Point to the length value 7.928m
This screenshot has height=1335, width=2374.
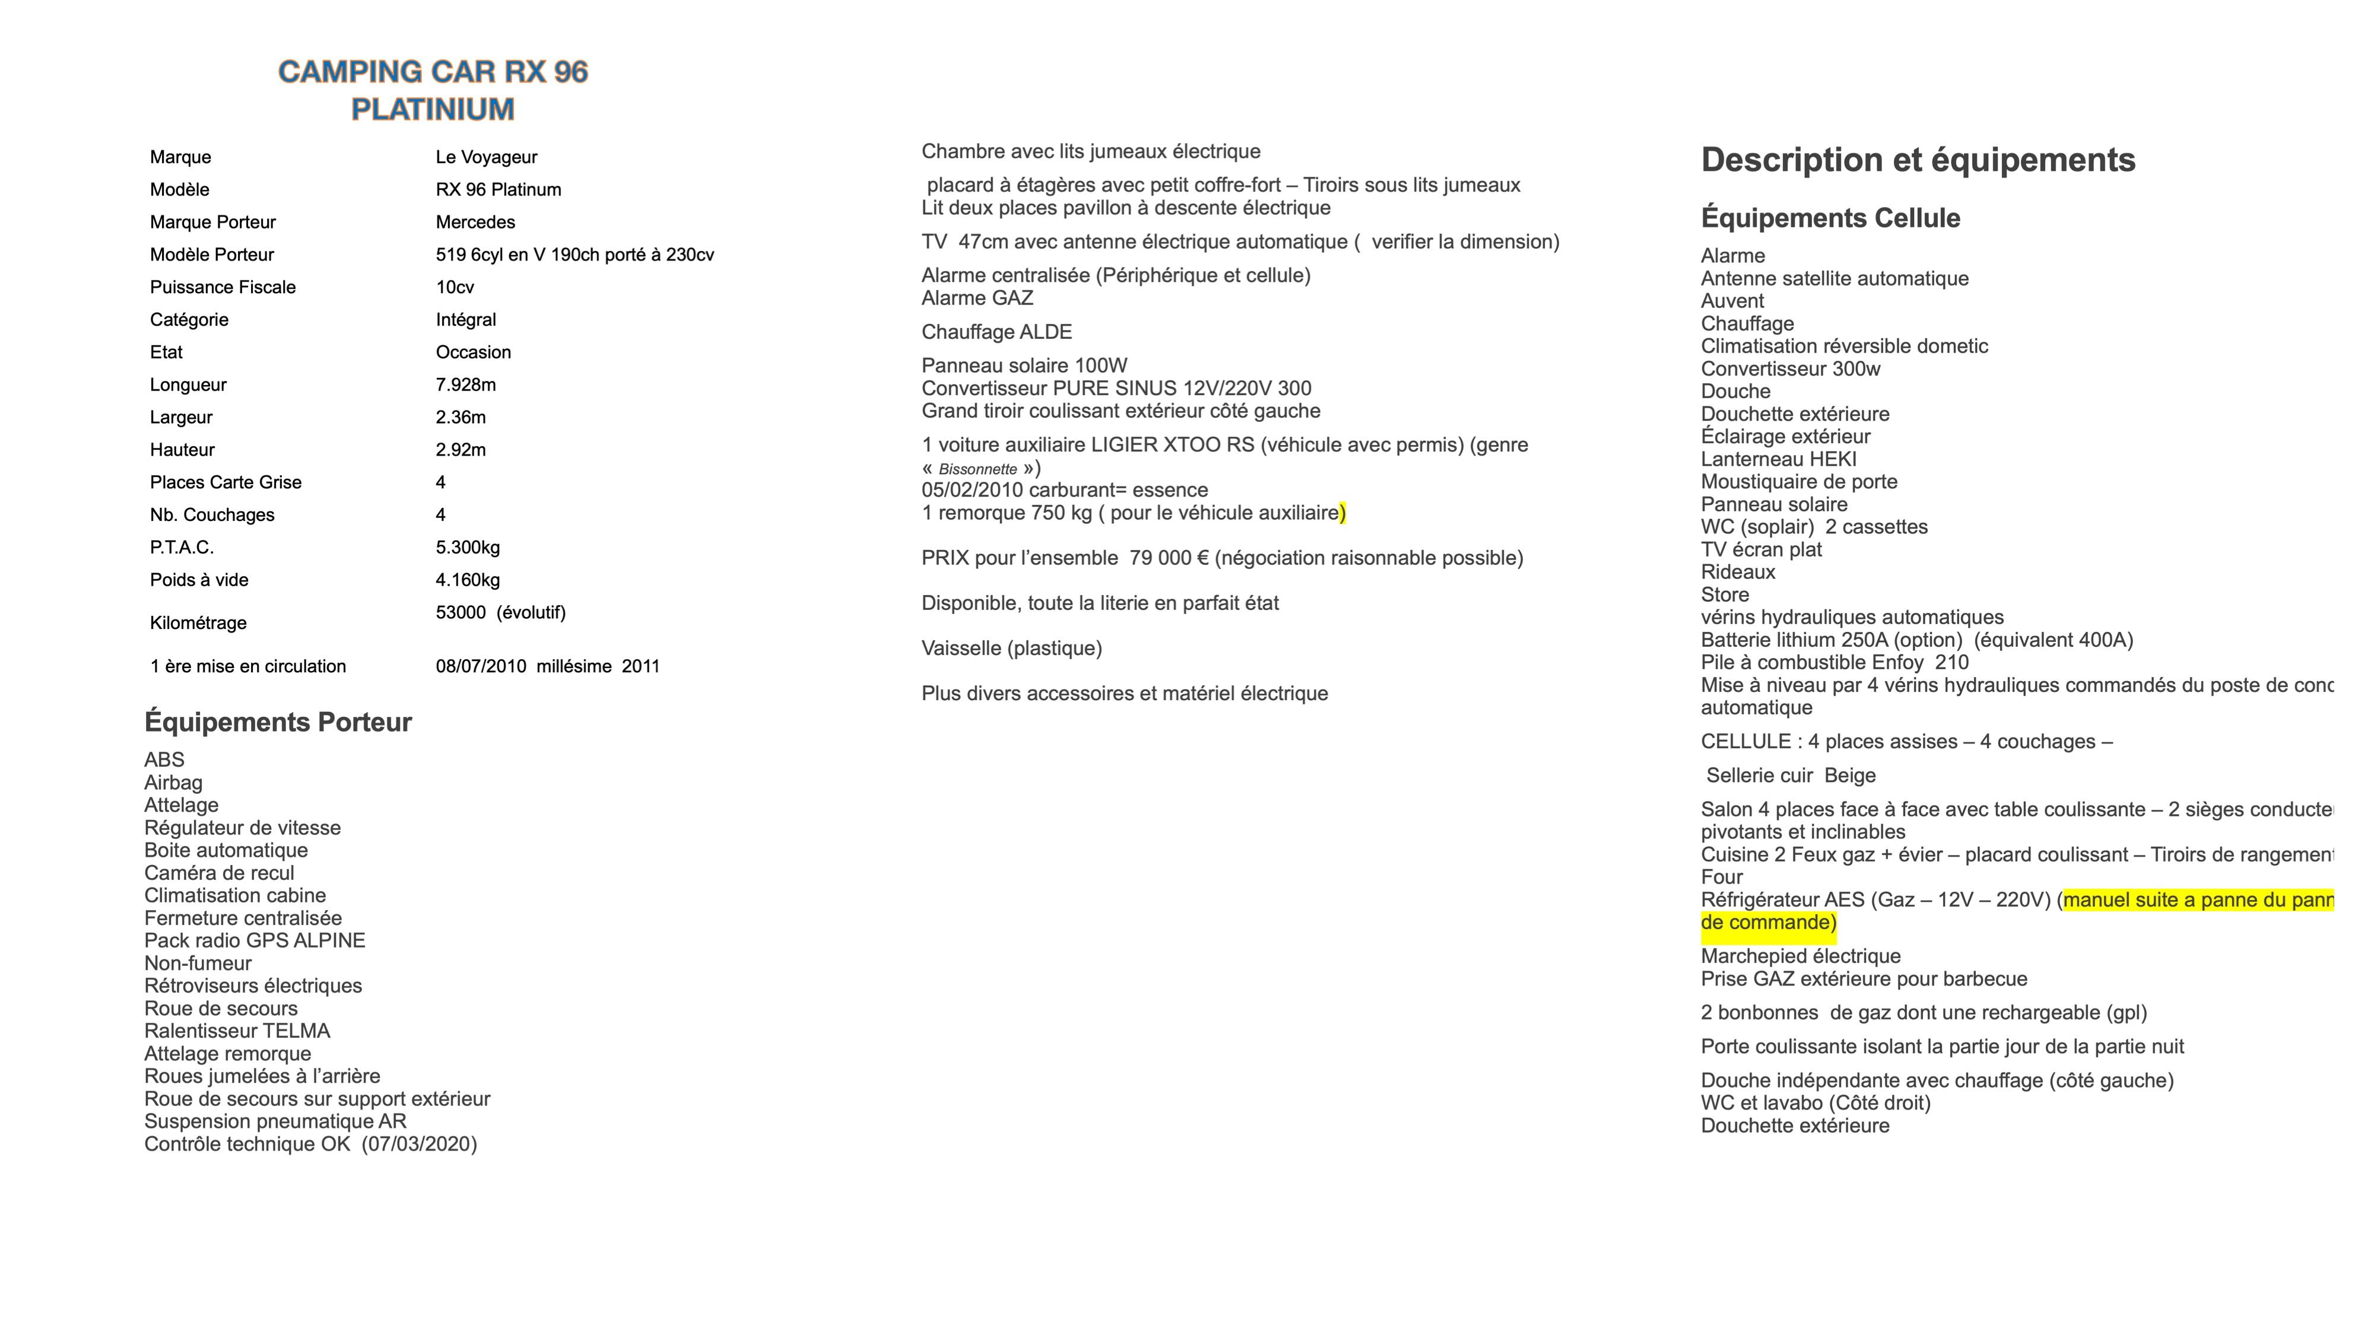(465, 385)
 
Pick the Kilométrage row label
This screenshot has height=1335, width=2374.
(198, 623)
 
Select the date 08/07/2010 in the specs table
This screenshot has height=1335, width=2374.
(480, 666)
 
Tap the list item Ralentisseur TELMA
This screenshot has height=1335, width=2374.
(237, 1031)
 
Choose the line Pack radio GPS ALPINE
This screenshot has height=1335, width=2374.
(255, 940)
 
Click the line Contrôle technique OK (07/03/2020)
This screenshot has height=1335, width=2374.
(310, 1145)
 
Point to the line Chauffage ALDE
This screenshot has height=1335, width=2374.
(996, 332)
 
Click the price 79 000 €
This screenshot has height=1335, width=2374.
(1169, 558)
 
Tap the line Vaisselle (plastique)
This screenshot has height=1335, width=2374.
(1011, 649)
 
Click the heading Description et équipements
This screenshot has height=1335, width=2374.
(1917, 160)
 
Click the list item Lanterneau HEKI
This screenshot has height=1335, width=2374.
(1778, 460)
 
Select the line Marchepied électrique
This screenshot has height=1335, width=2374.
(1800, 956)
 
